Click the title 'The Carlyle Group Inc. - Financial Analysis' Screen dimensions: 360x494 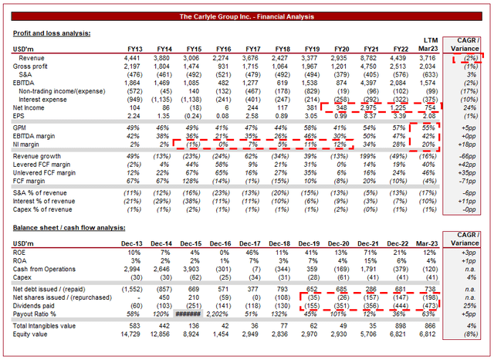point(246,16)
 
